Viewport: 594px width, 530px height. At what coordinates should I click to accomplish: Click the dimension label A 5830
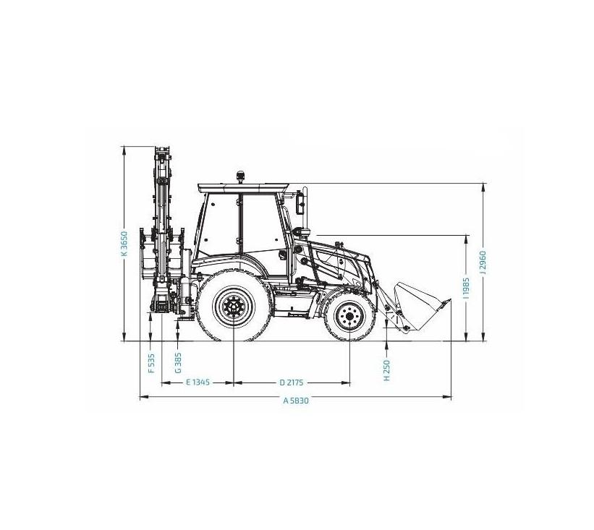[296, 401]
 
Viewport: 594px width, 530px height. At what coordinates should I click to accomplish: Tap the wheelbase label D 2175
[292, 382]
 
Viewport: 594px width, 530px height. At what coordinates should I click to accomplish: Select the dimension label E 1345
[198, 382]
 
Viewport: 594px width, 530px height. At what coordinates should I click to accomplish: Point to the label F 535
[151, 364]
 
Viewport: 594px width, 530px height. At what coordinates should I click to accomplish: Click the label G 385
[178, 363]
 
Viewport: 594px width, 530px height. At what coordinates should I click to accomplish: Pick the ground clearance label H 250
[387, 370]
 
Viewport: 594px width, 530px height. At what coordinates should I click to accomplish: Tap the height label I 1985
[467, 288]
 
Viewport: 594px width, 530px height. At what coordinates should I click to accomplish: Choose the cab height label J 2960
[483, 262]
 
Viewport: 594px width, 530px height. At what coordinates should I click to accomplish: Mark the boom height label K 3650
[124, 244]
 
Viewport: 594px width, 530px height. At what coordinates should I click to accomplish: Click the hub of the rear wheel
[234, 307]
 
